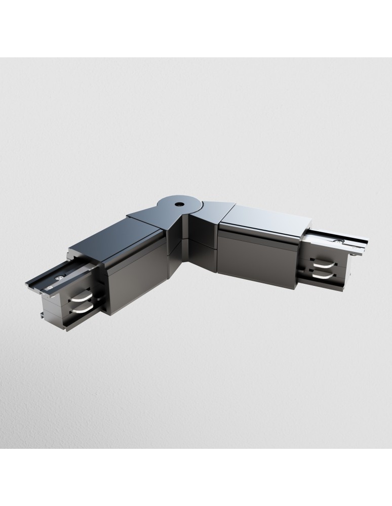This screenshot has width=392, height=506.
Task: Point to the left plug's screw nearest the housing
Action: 61,276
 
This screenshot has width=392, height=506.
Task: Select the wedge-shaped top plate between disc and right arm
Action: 210,209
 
